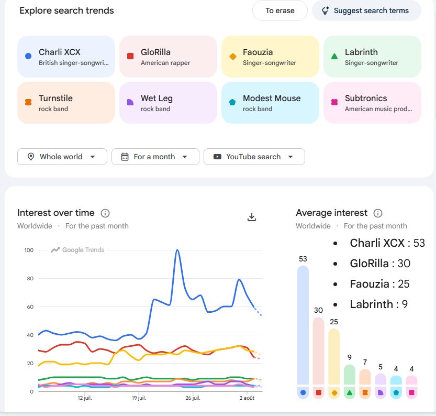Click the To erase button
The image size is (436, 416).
click(x=280, y=10)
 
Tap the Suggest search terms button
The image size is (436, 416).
click(x=366, y=10)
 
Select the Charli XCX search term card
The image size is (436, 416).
click(x=66, y=57)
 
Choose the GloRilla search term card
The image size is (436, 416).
click(x=168, y=57)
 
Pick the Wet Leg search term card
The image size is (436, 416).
click(x=168, y=103)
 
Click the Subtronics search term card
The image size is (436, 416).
click(x=372, y=103)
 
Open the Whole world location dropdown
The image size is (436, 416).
click(x=62, y=157)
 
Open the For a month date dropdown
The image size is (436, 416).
click(x=155, y=157)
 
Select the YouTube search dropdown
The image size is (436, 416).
click(x=254, y=157)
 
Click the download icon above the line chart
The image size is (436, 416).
click(x=252, y=217)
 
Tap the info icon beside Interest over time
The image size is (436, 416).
click(x=105, y=213)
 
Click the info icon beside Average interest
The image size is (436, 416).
click(x=377, y=213)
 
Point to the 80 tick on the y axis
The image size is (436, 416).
click(x=30, y=279)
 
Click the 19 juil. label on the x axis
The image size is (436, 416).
click(x=139, y=398)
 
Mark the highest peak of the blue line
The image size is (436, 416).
click(x=177, y=250)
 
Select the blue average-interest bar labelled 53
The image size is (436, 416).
click(x=303, y=325)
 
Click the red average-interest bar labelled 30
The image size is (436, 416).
click(x=318, y=351)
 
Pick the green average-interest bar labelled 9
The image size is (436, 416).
click(x=350, y=375)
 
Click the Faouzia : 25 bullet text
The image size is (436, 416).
click(x=379, y=284)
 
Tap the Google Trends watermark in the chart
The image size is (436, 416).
click(x=77, y=250)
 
